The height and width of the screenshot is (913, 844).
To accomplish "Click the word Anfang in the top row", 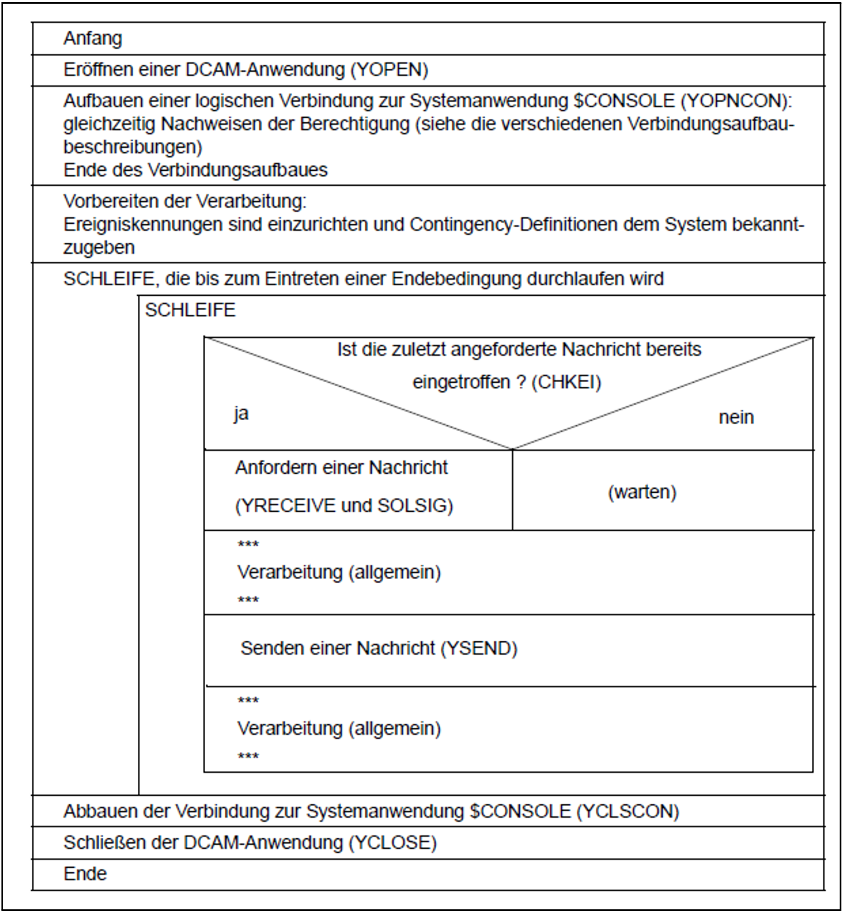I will (93, 38).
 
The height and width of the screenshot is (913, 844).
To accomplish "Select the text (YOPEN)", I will (389, 70).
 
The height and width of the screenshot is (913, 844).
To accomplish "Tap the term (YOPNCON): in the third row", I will (736, 101).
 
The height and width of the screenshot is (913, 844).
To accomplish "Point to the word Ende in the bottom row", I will (85, 874).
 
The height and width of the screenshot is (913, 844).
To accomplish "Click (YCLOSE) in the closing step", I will (393, 843).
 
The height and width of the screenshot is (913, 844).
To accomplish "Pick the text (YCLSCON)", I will (628, 811).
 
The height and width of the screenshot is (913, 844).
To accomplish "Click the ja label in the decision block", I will (241, 414).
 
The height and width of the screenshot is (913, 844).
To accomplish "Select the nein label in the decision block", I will (736, 417).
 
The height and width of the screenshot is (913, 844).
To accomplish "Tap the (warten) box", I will (641, 492).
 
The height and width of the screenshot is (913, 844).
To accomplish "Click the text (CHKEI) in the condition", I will (566, 382).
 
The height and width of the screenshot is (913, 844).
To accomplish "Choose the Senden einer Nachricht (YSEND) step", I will (379, 648).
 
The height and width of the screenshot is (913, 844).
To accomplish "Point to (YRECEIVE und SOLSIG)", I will (344, 506).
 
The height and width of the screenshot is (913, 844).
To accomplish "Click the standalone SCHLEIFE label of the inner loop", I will (190, 310).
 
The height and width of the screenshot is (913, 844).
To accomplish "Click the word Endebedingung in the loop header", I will (456, 279).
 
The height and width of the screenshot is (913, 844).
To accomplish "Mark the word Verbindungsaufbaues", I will (238, 170).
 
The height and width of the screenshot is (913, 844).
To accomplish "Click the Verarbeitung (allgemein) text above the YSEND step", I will (339, 572).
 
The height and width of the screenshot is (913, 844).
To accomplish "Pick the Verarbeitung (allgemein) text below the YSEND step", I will (339, 729).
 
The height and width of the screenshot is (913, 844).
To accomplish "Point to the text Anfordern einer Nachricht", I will (341, 468).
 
